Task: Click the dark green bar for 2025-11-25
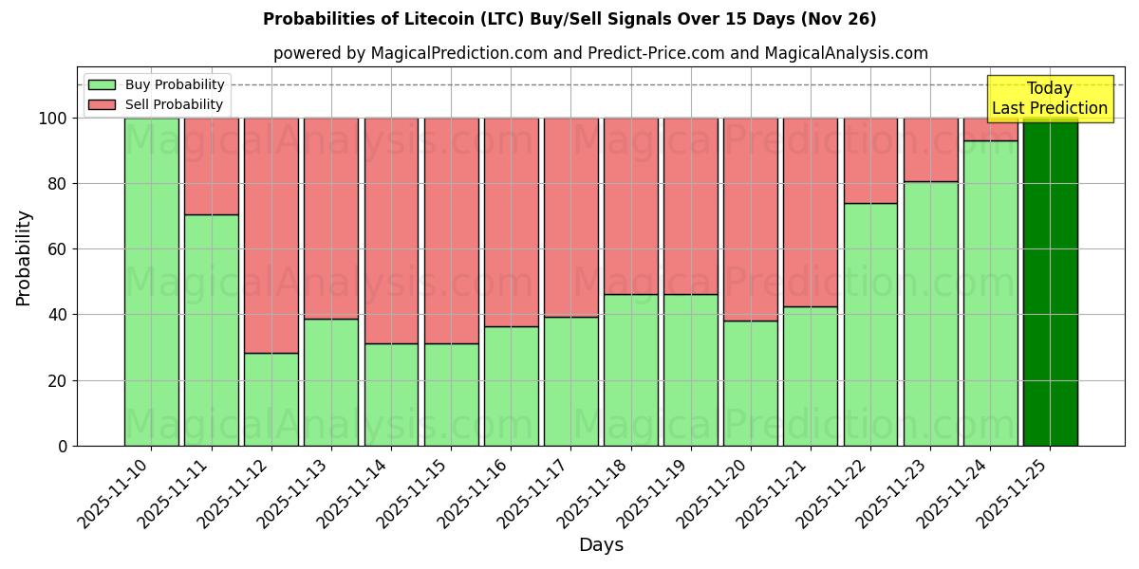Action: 1050,282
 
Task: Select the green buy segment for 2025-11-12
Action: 271,398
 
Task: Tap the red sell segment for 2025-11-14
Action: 391,230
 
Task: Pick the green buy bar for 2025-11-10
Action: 151,282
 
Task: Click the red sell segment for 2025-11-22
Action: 870,160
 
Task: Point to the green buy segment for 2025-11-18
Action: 630,370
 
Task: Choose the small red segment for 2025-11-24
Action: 990,129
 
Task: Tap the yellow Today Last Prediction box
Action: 1050,99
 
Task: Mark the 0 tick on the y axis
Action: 62,446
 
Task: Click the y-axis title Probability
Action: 24,258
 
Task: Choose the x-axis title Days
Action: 601,545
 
